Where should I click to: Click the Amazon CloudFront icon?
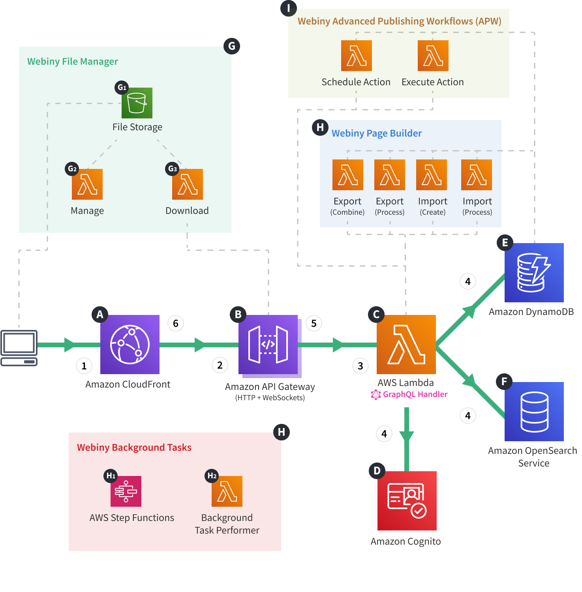point(130,344)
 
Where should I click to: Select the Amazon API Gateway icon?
point(268,344)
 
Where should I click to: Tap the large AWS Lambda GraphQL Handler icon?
point(406,344)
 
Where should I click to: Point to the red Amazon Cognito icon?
point(407,500)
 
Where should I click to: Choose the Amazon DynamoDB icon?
point(534,272)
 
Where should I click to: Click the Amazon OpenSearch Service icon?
point(534,411)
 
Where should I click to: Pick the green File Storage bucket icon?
point(137,103)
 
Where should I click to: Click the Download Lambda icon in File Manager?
point(187,184)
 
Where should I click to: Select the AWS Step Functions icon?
point(126,491)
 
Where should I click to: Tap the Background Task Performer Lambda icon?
point(227,491)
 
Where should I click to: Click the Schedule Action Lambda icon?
point(356,56)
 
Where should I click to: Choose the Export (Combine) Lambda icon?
point(347,175)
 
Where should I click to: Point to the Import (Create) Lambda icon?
point(431,175)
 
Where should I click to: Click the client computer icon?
point(19,348)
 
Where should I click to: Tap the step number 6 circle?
point(176,324)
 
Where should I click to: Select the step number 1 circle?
point(84,366)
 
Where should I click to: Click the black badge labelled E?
point(505,243)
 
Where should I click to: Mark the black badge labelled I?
point(289,8)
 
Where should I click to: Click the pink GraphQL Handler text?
point(415,394)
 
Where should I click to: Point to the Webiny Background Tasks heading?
point(134,447)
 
